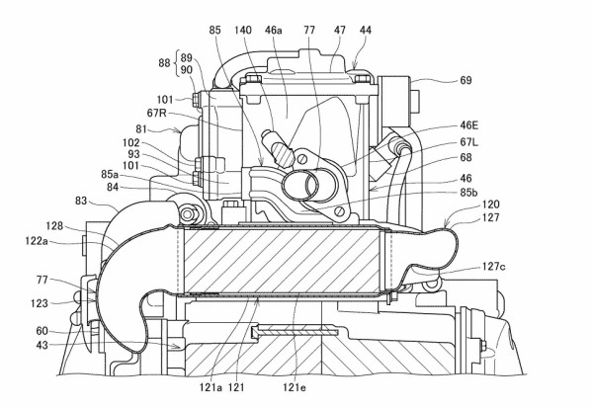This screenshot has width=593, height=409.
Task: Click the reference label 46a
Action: pyautogui.click(x=274, y=31)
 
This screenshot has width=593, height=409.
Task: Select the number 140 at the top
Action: pyautogui.click(x=242, y=31)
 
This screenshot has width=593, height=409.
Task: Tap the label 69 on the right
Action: pyautogui.click(x=466, y=80)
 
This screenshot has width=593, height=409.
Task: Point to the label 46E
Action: pyautogui.click(x=468, y=125)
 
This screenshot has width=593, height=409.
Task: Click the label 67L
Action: pyautogui.click(x=468, y=142)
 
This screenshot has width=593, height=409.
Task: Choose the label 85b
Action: pyautogui.click(x=468, y=192)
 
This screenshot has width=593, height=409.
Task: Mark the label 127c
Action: pyautogui.click(x=493, y=267)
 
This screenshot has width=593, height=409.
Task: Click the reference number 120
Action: pyautogui.click(x=490, y=204)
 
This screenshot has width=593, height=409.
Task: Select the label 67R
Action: pyautogui.click(x=157, y=113)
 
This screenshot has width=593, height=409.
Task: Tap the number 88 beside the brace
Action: pyautogui.click(x=164, y=63)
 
